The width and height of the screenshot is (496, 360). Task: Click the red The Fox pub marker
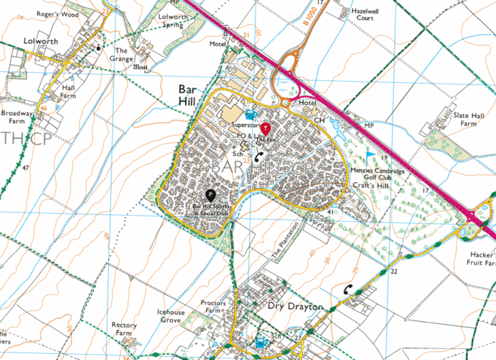coord(266,129)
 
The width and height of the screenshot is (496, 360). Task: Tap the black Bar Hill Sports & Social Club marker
coord(210,197)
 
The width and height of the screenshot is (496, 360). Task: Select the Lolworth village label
coord(42,41)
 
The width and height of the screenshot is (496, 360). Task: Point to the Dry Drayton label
coord(295,307)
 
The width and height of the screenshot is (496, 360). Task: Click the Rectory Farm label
coord(125,329)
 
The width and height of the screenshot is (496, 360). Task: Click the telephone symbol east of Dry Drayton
coord(348,289)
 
